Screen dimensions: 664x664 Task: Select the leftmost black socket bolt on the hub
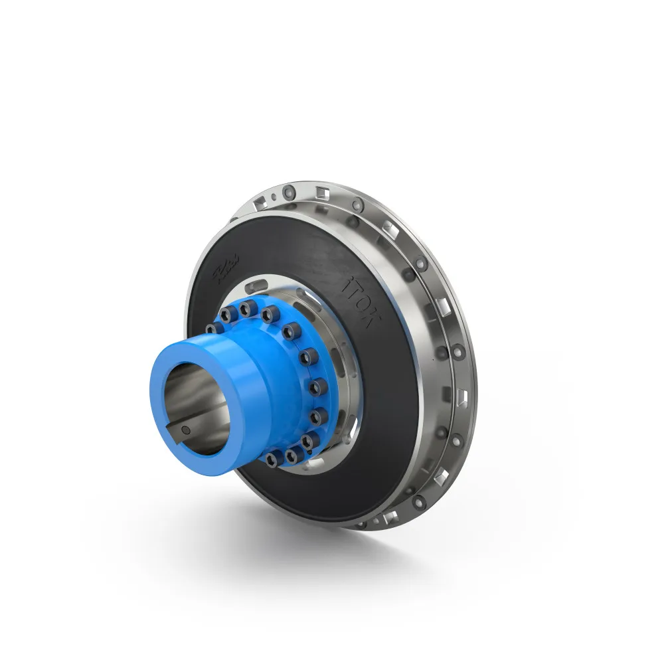click(x=212, y=329)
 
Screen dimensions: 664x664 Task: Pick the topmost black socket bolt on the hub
click(x=248, y=307)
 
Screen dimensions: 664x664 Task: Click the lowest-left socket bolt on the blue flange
click(x=274, y=457)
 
